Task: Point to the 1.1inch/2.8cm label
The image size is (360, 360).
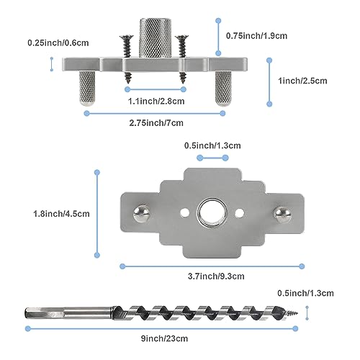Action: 155,102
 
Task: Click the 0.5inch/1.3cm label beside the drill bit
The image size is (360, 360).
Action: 306,293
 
